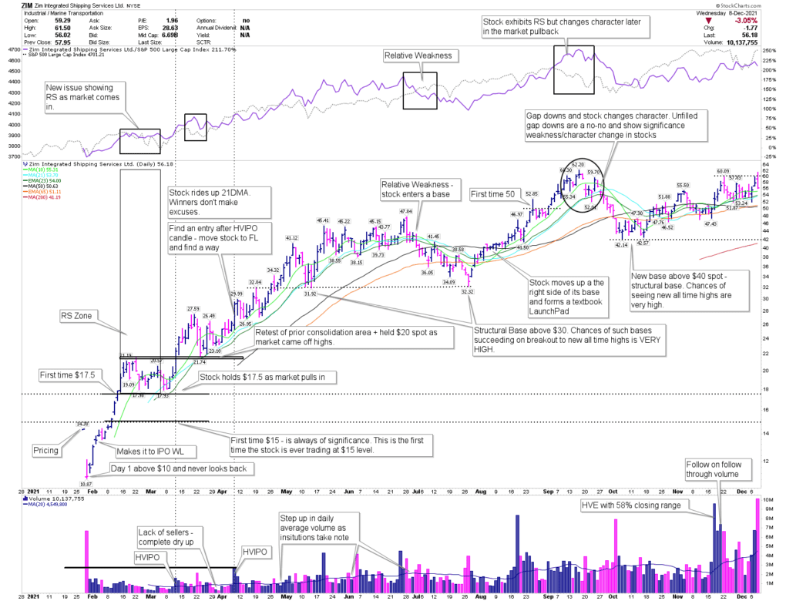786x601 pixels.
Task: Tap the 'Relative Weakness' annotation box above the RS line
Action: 418,55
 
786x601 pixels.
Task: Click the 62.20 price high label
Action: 578,164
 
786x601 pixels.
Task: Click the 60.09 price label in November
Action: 723,171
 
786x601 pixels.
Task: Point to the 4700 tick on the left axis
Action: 13,49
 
